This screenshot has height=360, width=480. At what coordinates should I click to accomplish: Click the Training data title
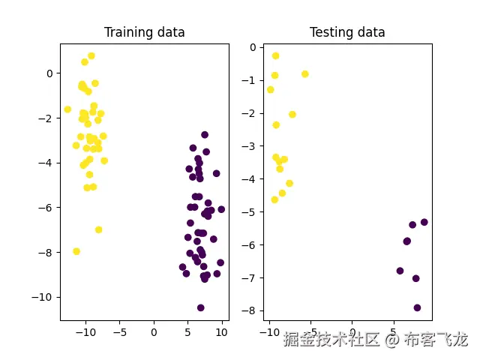click(x=144, y=32)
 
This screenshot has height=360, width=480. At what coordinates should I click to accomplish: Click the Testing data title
click(x=347, y=32)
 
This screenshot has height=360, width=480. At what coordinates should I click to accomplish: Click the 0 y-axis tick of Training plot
click(x=49, y=73)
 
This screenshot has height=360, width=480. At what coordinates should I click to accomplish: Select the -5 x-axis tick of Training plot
click(x=120, y=331)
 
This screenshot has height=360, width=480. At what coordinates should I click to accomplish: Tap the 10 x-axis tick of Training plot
click(x=221, y=331)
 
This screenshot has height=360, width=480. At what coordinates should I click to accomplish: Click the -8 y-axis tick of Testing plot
click(x=253, y=310)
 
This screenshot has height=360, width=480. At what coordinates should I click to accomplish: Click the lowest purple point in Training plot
click(x=200, y=307)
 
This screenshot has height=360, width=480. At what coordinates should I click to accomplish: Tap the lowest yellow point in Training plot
click(x=76, y=251)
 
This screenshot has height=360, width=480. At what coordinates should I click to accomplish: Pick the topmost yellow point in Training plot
click(x=91, y=55)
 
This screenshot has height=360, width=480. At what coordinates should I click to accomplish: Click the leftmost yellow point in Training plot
click(x=67, y=109)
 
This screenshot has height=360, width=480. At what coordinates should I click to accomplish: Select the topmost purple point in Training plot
click(x=205, y=135)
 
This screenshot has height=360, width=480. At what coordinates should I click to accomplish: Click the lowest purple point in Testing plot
click(x=417, y=307)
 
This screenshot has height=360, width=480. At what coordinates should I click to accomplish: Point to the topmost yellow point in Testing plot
click(x=275, y=55)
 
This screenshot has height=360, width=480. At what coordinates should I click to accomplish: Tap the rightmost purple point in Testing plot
click(x=424, y=222)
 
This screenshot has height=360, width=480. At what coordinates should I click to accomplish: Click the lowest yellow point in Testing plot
click(x=274, y=199)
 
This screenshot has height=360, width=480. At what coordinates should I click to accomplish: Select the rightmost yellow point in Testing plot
click(x=304, y=74)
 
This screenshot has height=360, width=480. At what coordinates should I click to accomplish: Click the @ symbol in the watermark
click(x=391, y=340)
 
